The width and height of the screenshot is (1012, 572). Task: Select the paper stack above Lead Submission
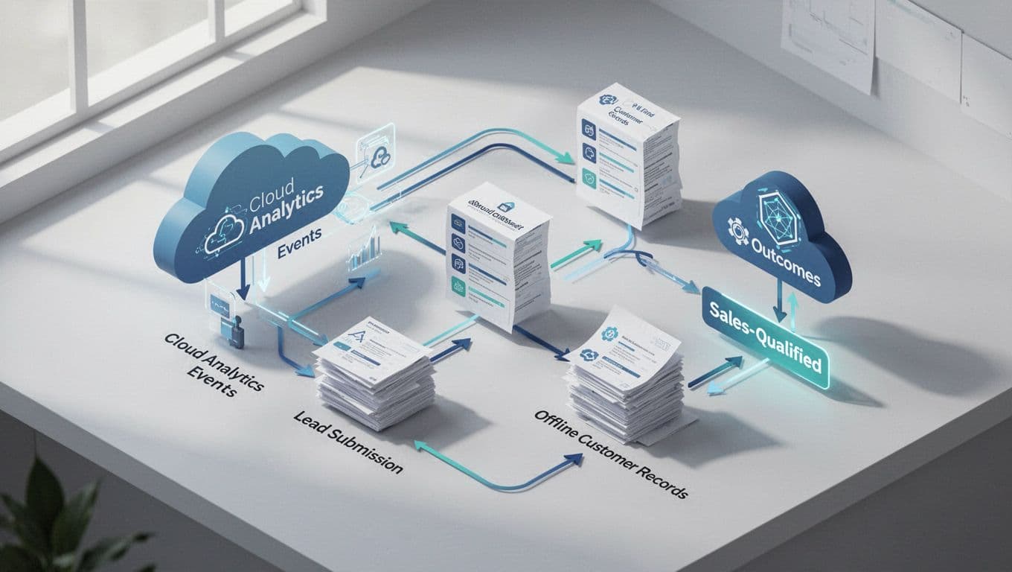click(372, 380)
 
